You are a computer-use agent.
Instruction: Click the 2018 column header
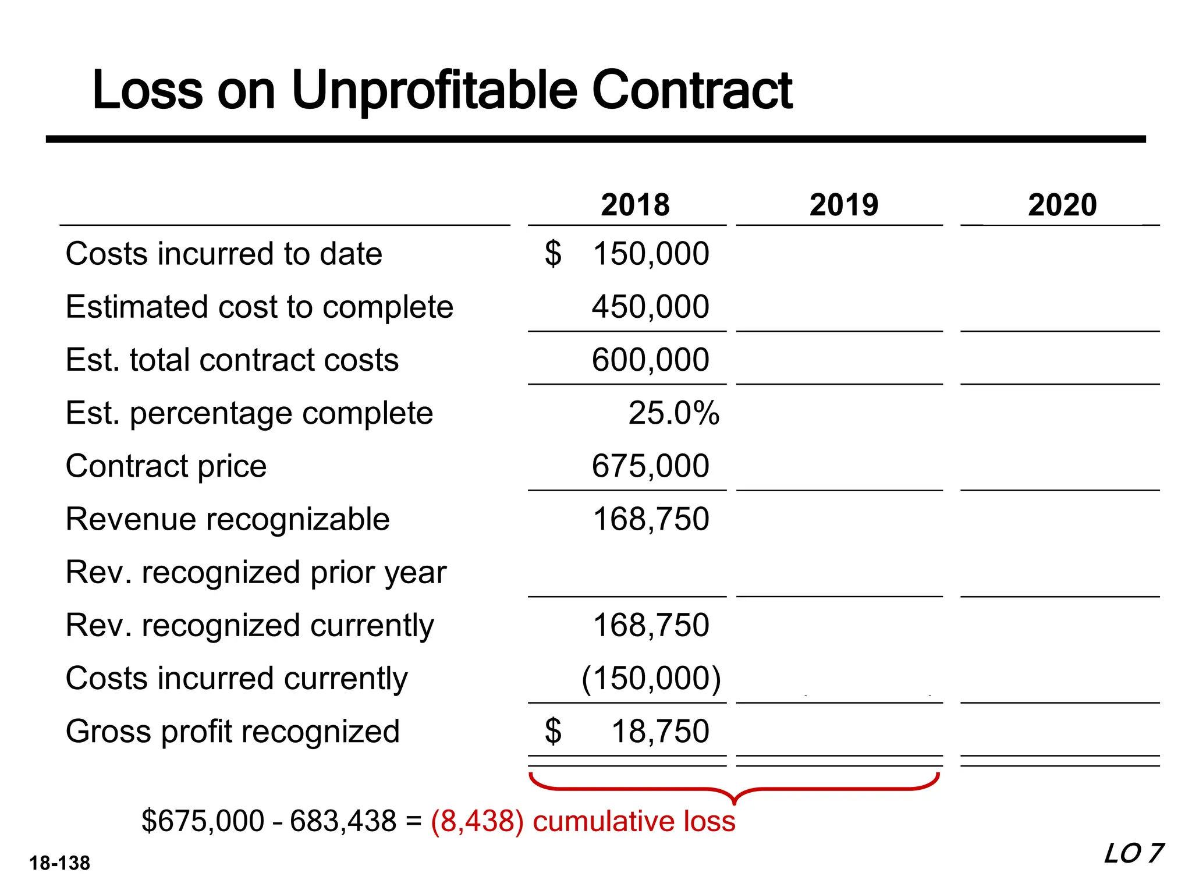click(x=635, y=205)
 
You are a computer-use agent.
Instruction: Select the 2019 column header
click(x=843, y=205)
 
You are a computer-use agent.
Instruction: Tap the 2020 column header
click(x=1062, y=205)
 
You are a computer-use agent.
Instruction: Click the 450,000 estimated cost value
click(x=650, y=307)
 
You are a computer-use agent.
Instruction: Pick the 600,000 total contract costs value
click(x=650, y=360)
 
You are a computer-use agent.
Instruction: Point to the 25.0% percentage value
click(x=673, y=413)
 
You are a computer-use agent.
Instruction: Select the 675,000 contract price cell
click(x=650, y=466)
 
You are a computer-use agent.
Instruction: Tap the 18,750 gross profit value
click(x=660, y=732)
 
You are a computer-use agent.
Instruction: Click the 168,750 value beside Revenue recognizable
click(x=651, y=519)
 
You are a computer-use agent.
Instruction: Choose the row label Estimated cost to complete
click(x=259, y=307)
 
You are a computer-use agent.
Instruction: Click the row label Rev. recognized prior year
click(x=256, y=572)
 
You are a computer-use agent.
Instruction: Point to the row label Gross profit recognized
click(x=232, y=732)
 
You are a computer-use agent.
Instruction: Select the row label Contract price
click(x=166, y=466)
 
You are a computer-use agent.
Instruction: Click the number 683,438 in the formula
click(x=343, y=821)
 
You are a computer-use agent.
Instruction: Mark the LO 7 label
click(x=1133, y=854)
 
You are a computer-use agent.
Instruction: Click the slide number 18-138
click(x=59, y=863)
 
